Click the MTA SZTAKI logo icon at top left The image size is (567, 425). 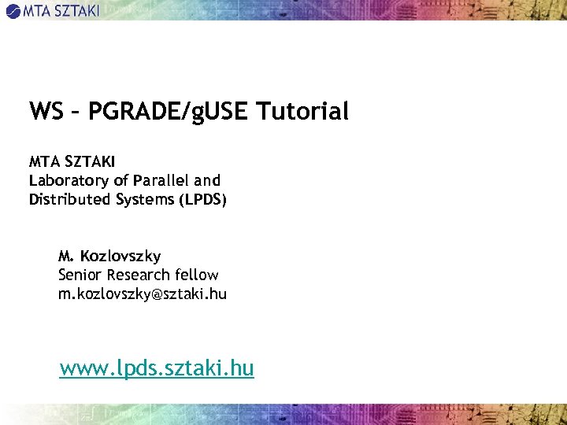click(x=13, y=10)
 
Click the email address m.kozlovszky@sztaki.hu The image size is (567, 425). click(x=142, y=294)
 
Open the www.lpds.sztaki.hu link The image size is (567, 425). click(x=157, y=368)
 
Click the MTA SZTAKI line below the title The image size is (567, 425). click(x=72, y=161)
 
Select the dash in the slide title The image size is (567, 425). click(x=76, y=113)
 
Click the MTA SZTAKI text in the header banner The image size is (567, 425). click(x=61, y=10)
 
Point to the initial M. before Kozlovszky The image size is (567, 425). click(x=66, y=256)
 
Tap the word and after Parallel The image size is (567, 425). click(x=208, y=180)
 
